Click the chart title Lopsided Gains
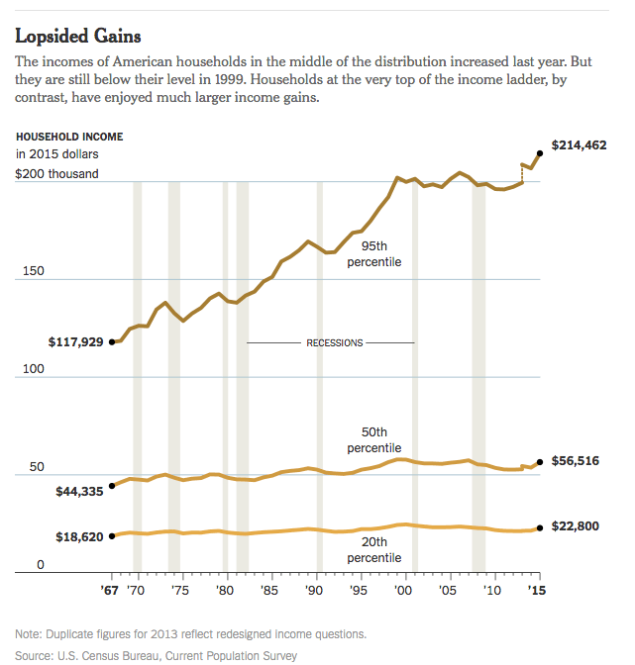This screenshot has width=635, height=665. click(77, 36)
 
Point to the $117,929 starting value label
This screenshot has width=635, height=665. click(75, 342)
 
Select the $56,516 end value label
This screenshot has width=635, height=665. click(576, 461)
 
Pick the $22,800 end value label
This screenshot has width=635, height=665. click(576, 526)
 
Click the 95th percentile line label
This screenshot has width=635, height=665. click(380, 253)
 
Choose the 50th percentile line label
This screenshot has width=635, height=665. click(380, 440)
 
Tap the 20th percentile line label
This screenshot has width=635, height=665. click(380, 550)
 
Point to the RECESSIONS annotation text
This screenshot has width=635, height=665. click(334, 343)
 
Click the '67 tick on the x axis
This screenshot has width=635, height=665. click(113, 590)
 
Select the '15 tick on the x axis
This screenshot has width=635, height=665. click(538, 590)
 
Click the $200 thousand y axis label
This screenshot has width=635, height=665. click(56, 173)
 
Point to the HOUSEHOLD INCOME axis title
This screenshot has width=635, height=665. click(69, 137)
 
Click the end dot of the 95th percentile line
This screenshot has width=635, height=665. click(540, 152)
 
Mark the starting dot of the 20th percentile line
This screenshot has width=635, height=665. click(112, 535)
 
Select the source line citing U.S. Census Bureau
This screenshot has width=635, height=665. click(156, 655)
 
